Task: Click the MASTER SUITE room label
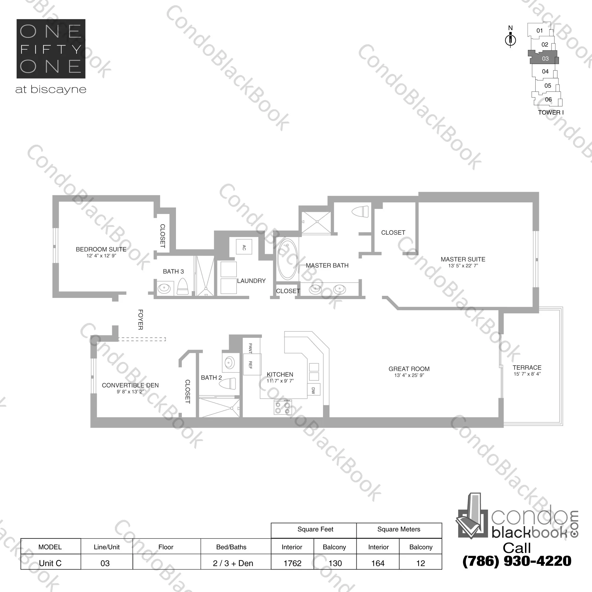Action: tap(463, 259)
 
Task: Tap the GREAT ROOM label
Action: tap(409, 369)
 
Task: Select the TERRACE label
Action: tap(527, 367)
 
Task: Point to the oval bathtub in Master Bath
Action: tap(287, 259)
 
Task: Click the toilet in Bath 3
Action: tap(183, 287)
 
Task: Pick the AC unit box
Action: tap(244, 247)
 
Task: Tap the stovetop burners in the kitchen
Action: tap(283, 407)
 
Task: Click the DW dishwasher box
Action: tap(314, 390)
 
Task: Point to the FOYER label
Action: tap(141, 319)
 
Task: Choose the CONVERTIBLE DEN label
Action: tap(130, 385)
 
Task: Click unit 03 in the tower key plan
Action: tap(545, 59)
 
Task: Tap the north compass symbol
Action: tap(510, 40)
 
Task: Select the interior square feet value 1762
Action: tap(292, 563)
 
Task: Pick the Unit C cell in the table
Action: tap(50, 563)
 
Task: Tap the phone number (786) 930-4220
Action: tap(517, 561)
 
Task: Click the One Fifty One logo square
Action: tap(51, 49)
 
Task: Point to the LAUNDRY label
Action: tap(251, 281)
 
